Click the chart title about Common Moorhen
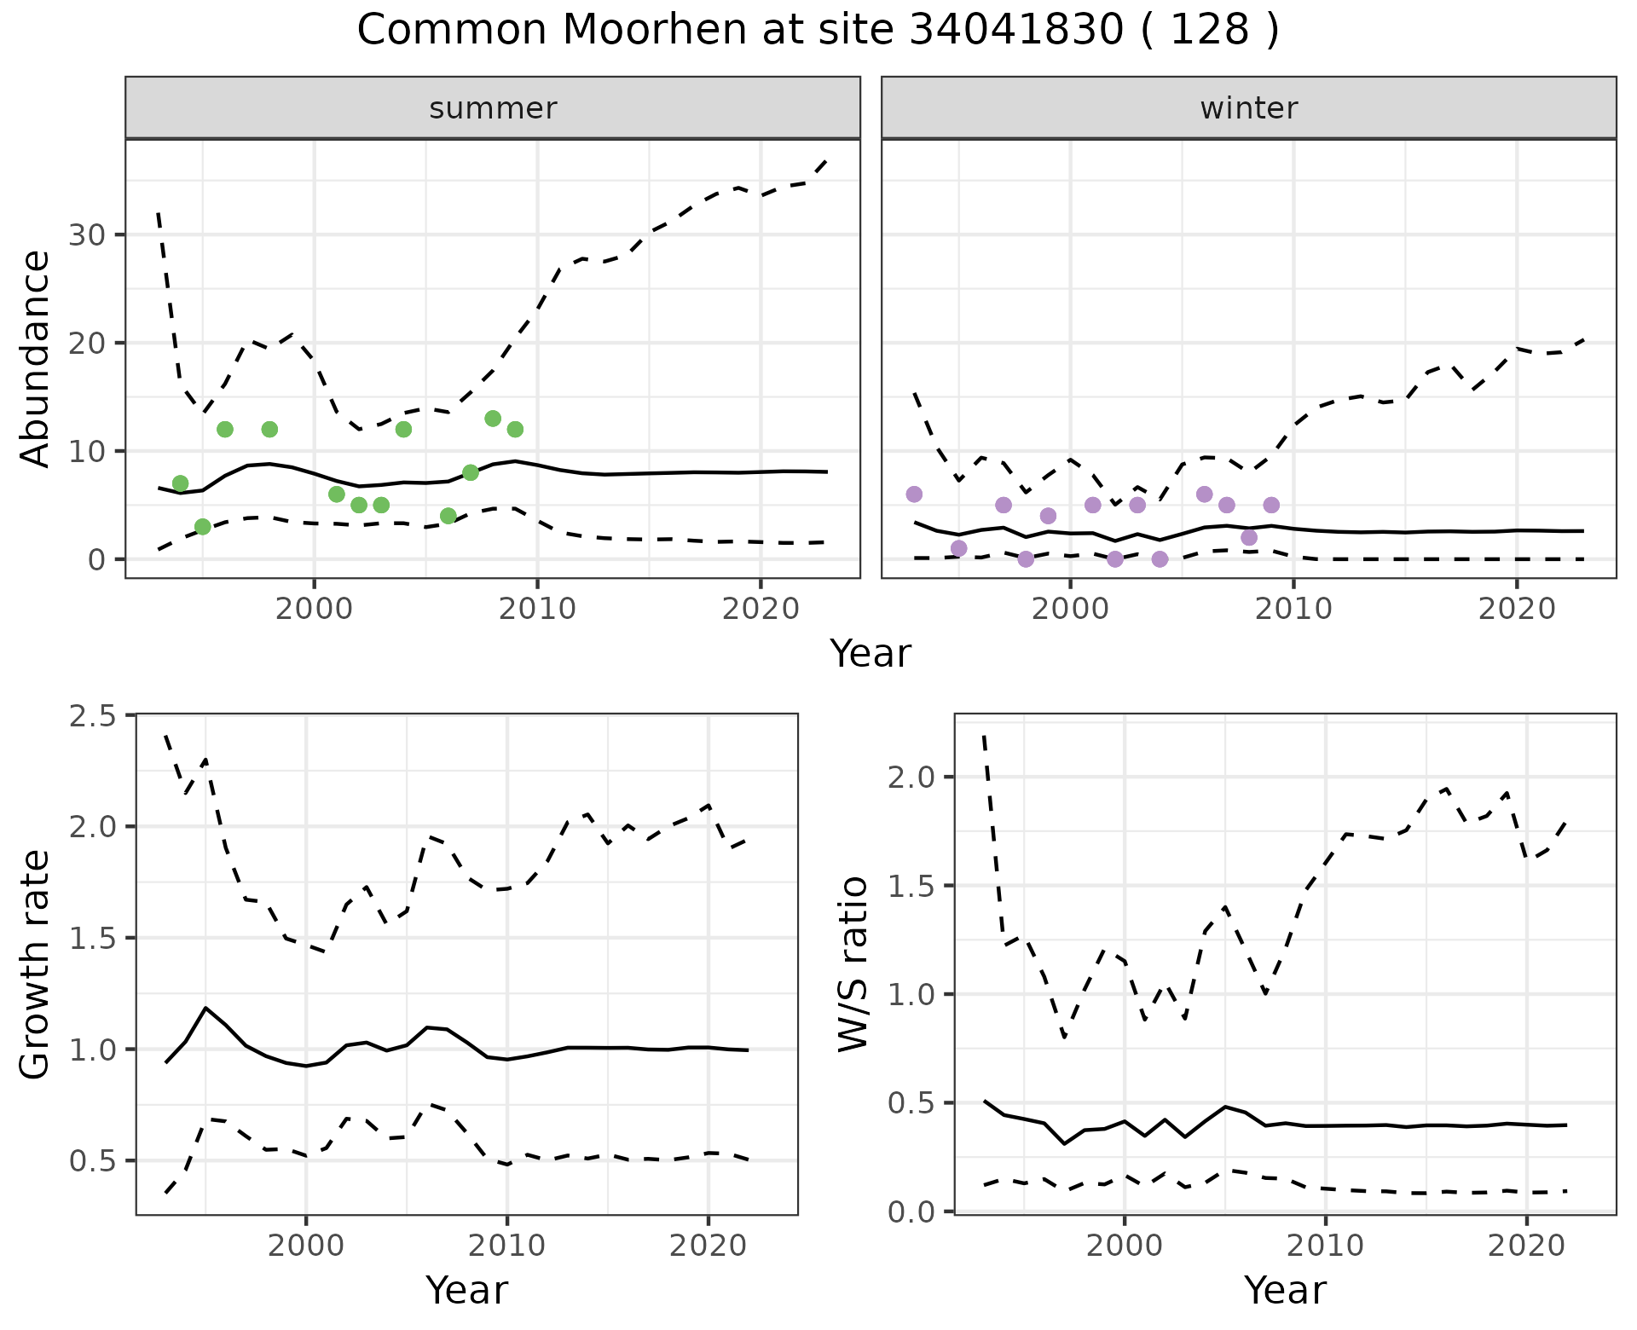(818, 31)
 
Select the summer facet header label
(493, 108)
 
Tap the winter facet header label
(1248, 108)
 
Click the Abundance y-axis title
(36, 358)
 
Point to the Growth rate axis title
(36, 964)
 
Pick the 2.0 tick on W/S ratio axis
(911, 778)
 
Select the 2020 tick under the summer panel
(760, 609)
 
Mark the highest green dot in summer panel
(493, 419)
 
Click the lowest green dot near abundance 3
(202, 527)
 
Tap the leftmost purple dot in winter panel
(914, 494)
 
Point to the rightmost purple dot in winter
(1271, 505)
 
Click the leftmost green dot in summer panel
(180, 483)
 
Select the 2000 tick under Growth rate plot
(306, 1246)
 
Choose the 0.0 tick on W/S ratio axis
(911, 1211)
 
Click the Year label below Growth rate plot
(466, 1290)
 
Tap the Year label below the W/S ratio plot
(1285, 1290)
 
